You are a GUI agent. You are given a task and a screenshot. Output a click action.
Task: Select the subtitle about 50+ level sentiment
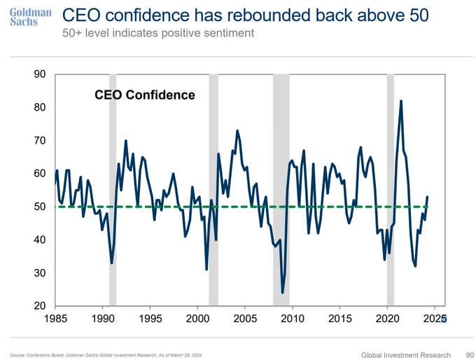point(158,33)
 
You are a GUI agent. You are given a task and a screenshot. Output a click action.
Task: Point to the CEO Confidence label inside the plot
point(144,95)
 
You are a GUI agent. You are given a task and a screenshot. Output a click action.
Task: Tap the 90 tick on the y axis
point(41,74)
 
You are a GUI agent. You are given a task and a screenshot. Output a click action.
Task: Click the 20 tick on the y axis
point(41,306)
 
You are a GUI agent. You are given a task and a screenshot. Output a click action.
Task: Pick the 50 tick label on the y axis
point(41,207)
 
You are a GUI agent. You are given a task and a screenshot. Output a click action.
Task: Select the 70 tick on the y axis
point(41,141)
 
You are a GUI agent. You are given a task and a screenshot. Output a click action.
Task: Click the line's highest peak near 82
point(400,101)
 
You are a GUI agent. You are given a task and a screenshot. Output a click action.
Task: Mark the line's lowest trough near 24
point(283,292)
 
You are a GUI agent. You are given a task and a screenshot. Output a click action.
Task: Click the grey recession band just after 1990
point(112,189)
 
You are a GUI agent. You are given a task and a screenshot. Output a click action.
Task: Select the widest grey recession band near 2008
point(281,189)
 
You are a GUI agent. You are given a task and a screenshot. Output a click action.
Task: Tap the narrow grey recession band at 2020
point(390,189)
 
